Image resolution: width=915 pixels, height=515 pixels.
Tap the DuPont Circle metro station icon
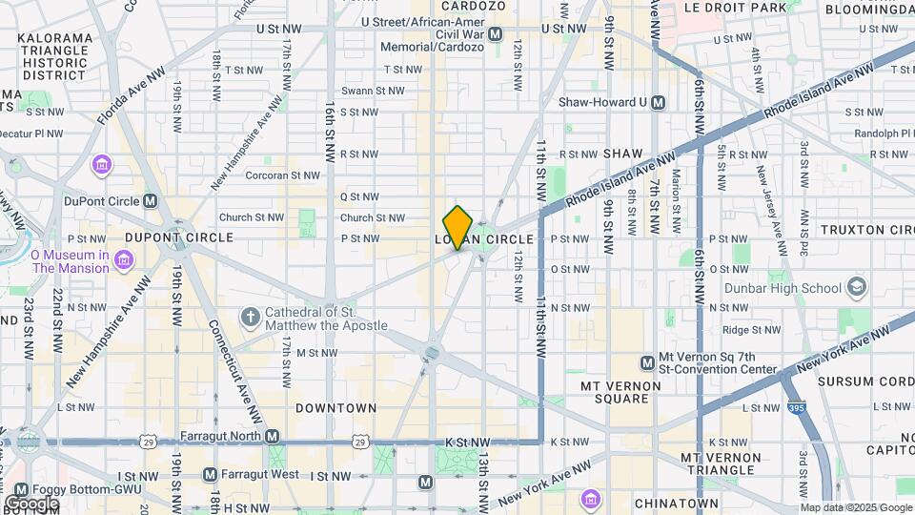click(150, 200)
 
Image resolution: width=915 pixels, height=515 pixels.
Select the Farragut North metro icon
click(273, 436)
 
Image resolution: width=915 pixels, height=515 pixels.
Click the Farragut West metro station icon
click(210, 474)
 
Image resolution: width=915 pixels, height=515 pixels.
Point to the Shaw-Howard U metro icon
click(658, 102)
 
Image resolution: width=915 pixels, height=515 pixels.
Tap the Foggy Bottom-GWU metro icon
click(21, 489)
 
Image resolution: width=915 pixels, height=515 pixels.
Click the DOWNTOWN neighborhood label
click(335, 407)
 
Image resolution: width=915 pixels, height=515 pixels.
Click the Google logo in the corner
click(31, 504)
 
